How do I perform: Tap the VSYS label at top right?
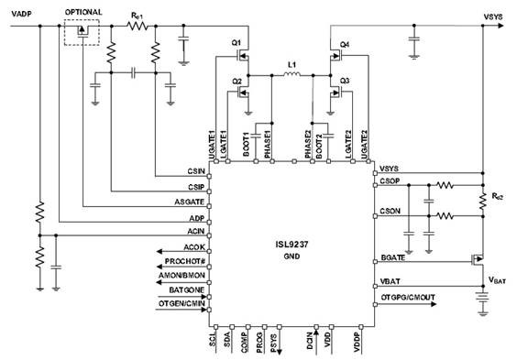tap(482, 16)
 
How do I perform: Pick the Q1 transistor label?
tap(236, 43)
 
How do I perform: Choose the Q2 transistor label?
tap(236, 81)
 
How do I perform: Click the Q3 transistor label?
tap(345, 81)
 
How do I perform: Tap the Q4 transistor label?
tap(345, 44)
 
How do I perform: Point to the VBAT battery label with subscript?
tap(497, 279)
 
